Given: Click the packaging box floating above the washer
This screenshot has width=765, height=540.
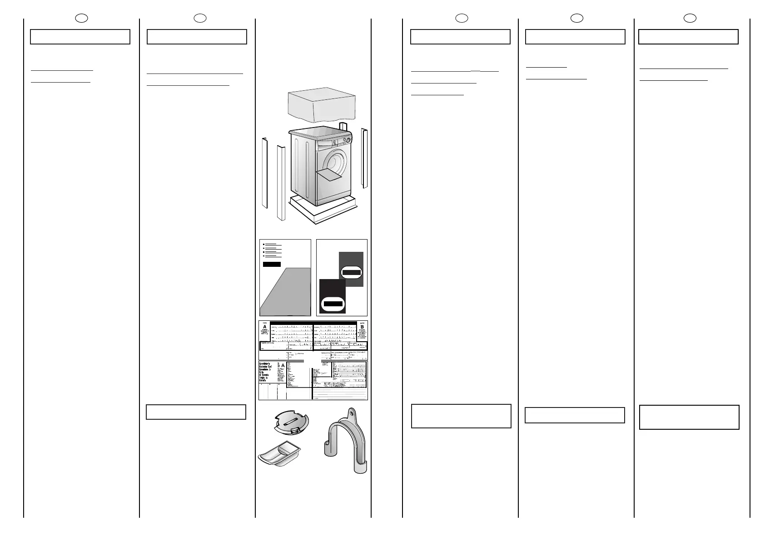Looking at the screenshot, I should coord(322,105).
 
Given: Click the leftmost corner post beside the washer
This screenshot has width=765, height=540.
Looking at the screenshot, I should coord(264,172).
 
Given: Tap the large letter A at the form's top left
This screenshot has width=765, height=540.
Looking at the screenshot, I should coord(264,328).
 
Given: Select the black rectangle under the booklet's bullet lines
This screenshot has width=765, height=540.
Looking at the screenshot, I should coord(272,264).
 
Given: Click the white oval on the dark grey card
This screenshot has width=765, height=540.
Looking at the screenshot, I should coord(351,272).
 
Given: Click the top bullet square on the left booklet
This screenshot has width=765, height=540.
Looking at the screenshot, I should coord(264,244).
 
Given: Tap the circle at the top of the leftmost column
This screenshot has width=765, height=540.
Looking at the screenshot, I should coord(81,18).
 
